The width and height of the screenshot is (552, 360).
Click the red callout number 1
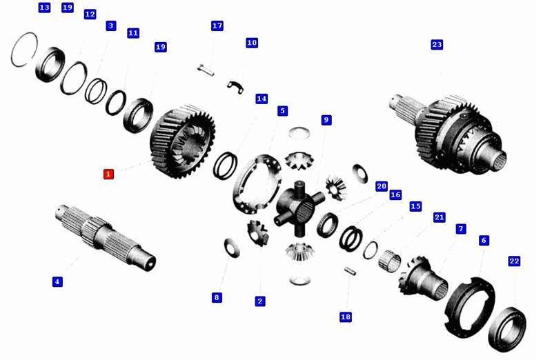point(108,174)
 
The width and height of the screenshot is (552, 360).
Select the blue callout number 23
point(437,45)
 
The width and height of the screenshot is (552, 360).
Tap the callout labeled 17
point(217,26)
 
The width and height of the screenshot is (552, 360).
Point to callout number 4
point(57,281)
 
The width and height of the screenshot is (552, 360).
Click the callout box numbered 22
point(514,261)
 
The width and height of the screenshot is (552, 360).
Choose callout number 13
point(44,8)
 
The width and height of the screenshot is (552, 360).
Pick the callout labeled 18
point(346,317)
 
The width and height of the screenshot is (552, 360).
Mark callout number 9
point(326,120)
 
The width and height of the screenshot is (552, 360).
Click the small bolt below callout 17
point(206,70)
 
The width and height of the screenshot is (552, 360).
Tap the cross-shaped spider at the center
point(299,208)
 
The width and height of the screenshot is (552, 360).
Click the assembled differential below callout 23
point(448,134)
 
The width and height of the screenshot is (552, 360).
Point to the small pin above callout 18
point(350,270)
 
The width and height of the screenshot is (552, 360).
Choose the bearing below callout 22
point(507,330)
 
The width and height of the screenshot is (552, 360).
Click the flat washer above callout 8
point(232,248)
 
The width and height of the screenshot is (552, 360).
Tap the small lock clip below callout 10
point(235,88)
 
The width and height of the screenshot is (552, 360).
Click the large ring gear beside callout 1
point(182,141)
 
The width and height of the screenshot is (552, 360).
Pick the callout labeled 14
point(262,99)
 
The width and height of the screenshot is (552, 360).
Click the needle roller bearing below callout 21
point(390,261)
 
